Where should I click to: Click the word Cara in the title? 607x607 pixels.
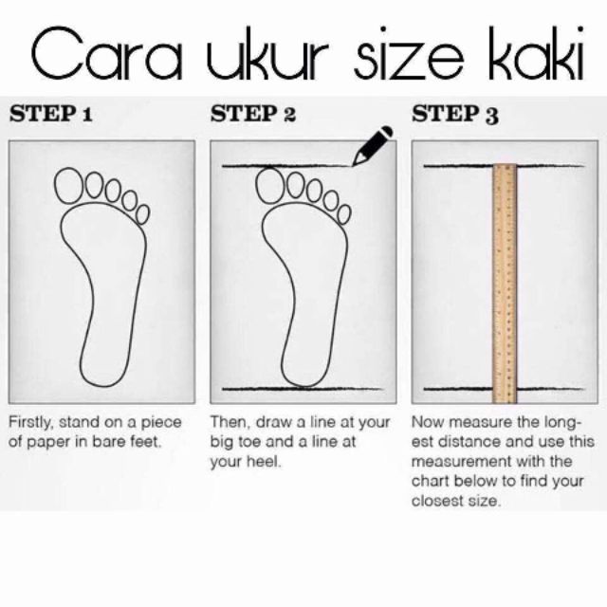click(106, 53)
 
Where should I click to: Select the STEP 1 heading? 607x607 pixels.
click(51, 114)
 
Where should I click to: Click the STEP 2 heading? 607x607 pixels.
click(253, 114)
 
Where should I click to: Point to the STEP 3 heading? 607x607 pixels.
click(455, 115)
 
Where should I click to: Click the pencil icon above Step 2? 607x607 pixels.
click(373, 145)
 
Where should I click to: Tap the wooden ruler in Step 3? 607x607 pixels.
click(505, 284)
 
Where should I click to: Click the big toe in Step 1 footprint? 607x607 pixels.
click(69, 186)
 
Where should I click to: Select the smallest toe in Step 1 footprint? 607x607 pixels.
click(142, 214)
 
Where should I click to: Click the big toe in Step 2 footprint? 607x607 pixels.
click(270, 186)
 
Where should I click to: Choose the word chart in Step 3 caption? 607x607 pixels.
click(430, 481)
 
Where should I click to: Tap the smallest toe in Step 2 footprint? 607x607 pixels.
click(343, 214)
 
